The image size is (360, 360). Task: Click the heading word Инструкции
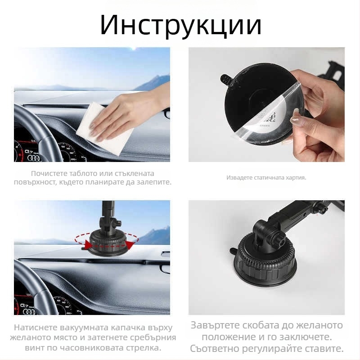pyautogui.click(x=181, y=25)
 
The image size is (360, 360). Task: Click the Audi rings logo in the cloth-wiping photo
pyautogui.click(x=33, y=158)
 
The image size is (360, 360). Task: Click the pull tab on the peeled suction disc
pyautogui.click(x=226, y=79)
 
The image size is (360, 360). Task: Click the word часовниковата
pyautogui.click(x=91, y=347)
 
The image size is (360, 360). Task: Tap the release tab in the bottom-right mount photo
pyautogui.click(x=234, y=251)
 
